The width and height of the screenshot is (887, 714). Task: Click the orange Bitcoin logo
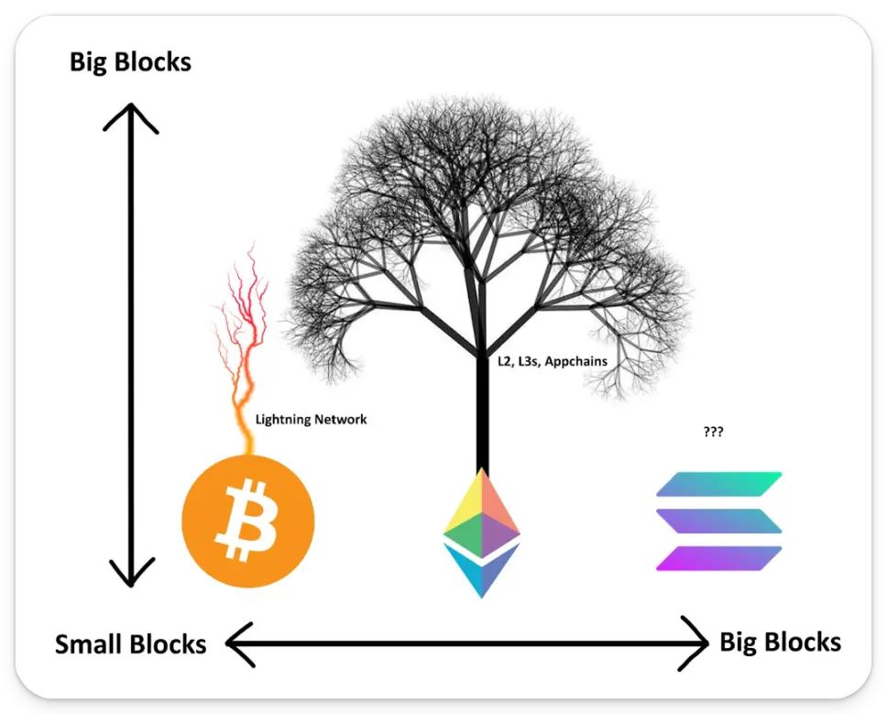point(248,522)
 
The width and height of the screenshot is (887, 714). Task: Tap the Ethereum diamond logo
point(481,532)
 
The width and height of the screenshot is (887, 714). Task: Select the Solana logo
point(719,522)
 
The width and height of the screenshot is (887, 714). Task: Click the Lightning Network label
point(311,419)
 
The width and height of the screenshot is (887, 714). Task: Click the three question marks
point(714,431)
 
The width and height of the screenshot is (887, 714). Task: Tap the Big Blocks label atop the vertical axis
point(130,62)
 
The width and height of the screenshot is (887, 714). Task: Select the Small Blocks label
point(130,644)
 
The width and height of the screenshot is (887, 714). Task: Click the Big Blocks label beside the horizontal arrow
point(780,642)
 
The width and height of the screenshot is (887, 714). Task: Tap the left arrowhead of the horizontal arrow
point(236,644)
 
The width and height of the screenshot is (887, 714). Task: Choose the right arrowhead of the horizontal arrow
point(698,644)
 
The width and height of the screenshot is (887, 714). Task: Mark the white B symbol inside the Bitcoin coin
point(244,522)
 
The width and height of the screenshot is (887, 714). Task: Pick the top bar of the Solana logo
point(719,484)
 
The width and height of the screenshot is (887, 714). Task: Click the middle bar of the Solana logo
point(719,521)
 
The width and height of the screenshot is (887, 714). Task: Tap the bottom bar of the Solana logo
point(719,558)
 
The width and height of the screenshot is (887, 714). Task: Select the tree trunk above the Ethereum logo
point(481,412)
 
